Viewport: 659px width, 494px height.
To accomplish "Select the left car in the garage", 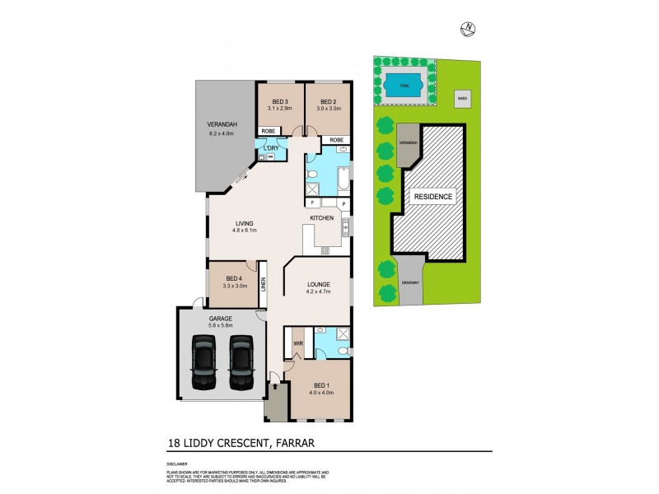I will [x=203, y=363].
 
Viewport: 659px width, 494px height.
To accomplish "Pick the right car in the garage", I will [x=241, y=363].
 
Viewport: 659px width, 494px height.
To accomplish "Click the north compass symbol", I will [x=469, y=29].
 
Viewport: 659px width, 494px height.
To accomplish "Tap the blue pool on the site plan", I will [x=404, y=85].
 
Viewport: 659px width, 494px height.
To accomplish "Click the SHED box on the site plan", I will [x=462, y=98].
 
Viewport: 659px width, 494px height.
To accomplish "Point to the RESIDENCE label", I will [x=432, y=198].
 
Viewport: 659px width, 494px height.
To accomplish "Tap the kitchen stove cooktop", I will [x=347, y=224].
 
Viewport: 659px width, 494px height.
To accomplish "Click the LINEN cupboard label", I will [x=264, y=284].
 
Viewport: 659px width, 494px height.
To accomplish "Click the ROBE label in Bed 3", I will [x=268, y=131].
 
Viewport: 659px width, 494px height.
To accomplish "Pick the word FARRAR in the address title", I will [x=294, y=444].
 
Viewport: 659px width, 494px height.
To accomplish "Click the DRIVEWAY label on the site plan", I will [x=411, y=283].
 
